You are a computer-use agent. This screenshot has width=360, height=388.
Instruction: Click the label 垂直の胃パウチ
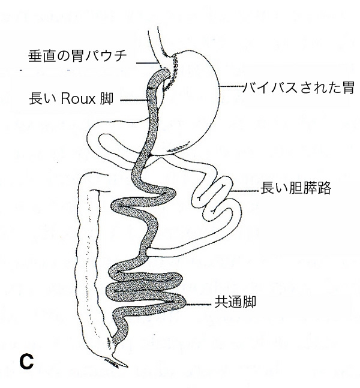(77, 56)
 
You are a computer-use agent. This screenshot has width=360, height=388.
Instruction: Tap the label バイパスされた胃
(298, 88)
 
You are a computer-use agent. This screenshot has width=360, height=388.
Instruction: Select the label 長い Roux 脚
(71, 99)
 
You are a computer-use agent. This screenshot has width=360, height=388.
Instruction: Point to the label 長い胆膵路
(296, 188)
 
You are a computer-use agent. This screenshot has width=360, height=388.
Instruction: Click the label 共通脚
(235, 302)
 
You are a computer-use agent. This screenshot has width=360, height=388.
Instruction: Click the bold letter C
(26, 362)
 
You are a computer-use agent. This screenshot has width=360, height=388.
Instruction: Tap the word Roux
(78, 99)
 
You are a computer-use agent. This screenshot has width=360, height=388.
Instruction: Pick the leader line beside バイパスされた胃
(231, 86)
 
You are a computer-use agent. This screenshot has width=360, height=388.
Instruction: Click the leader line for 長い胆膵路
(245, 191)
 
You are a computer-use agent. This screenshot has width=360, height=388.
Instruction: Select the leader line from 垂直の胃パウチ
(147, 63)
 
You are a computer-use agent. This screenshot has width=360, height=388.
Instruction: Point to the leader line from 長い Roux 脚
(134, 100)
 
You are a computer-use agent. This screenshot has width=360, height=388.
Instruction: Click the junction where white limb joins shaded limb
(148, 252)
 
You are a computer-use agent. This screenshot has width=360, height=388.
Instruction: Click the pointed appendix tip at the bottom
(127, 366)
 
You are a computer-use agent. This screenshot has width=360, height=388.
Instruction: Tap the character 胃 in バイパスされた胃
(348, 88)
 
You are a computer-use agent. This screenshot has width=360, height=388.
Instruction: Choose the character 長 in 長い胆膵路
(267, 188)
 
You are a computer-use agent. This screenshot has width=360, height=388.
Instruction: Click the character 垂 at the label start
(34, 56)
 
